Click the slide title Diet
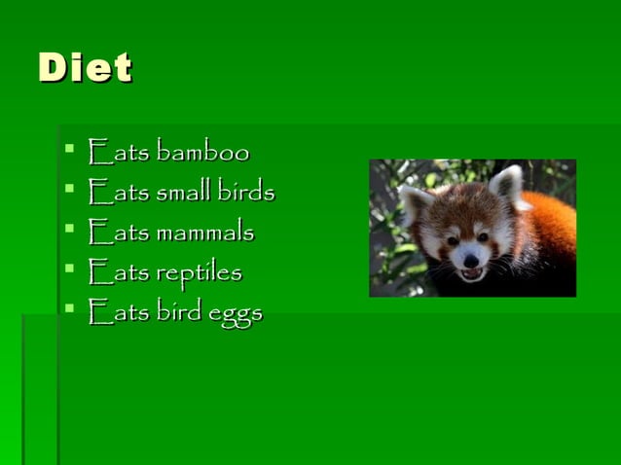click(x=85, y=68)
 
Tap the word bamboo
click(x=202, y=153)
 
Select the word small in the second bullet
click(x=182, y=193)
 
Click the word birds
click(x=245, y=193)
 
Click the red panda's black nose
click(x=470, y=260)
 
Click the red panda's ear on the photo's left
click(x=416, y=202)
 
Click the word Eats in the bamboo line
click(x=118, y=153)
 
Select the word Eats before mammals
click(x=118, y=232)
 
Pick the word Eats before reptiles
click(x=118, y=273)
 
